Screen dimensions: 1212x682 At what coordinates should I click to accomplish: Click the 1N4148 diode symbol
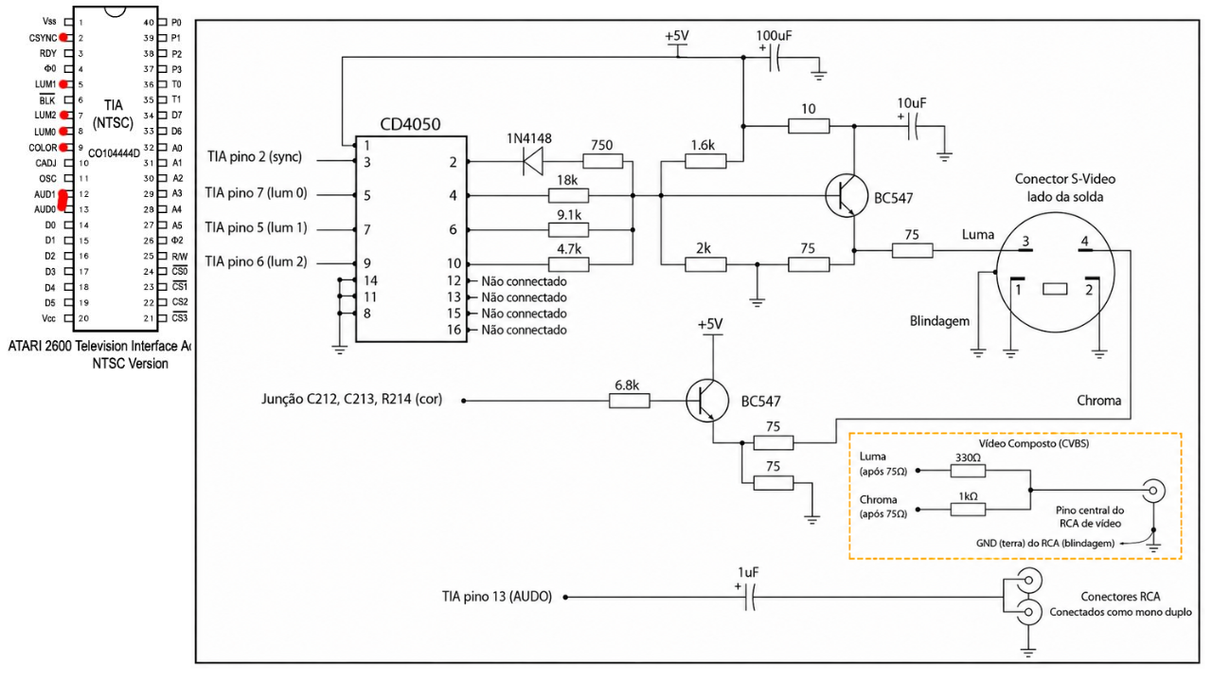tap(533, 161)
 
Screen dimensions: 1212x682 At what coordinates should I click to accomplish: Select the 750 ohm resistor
tap(603, 161)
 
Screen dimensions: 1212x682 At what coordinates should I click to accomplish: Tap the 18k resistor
tap(569, 195)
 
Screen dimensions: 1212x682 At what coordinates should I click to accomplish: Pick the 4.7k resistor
tap(569, 264)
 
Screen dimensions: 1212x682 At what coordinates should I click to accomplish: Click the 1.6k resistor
tap(705, 161)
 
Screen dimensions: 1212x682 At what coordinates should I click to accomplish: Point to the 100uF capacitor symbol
tap(775, 58)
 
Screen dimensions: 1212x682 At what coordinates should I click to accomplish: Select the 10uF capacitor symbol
tap(915, 127)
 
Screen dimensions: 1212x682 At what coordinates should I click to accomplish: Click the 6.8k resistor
tap(630, 401)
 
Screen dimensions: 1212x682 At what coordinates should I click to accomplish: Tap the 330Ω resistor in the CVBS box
tap(968, 471)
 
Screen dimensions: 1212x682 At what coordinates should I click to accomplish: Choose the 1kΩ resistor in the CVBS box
tap(968, 510)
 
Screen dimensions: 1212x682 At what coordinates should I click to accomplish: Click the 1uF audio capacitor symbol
tap(750, 597)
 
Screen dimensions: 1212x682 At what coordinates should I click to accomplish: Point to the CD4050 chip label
tap(410, 124)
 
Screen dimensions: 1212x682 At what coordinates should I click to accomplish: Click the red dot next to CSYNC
tap(63, 37)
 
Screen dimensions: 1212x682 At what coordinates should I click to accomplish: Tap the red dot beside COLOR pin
tap(63, 147)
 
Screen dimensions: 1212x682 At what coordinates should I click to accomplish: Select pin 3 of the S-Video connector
tap(1025, 249)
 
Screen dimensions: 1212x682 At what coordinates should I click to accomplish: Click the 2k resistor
tap(705, 264)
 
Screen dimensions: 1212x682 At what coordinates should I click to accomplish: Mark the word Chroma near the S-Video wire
tap(1098, 401)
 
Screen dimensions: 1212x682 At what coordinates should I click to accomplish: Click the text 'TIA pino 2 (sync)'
tap(255, 157)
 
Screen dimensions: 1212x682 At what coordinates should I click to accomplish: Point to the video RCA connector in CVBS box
tap(1153, 491)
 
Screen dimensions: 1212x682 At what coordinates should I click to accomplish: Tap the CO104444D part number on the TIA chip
tap(114, 153)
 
